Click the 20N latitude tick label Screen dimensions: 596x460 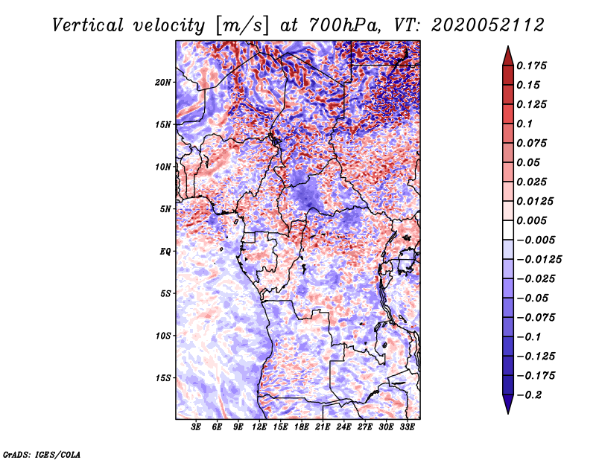[163, 83]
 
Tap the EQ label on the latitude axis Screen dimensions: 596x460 [165, 252]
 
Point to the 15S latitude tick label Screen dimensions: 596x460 [163, 378]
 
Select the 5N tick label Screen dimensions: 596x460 [165, 209]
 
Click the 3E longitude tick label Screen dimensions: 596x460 [196, 427]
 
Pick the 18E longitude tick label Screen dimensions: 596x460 [302, 427]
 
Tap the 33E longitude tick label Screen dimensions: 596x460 [407, 427]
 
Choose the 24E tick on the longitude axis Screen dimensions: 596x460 [343, 427]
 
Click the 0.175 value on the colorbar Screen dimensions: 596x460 [531, 66]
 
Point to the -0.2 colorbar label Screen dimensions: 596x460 [530, 395]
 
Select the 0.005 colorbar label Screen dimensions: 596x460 [531, 220]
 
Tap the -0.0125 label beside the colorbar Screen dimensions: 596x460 [539, 260]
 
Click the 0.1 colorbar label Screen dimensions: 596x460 [524, 124]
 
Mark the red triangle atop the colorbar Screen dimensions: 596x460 [508, 56]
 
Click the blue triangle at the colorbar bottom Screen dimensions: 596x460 [508, 404]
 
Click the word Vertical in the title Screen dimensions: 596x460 [88, 25]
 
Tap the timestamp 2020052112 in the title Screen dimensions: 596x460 [488, 25]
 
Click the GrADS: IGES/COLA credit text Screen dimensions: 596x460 [42, 454]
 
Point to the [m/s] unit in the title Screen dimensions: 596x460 [242, 26]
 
